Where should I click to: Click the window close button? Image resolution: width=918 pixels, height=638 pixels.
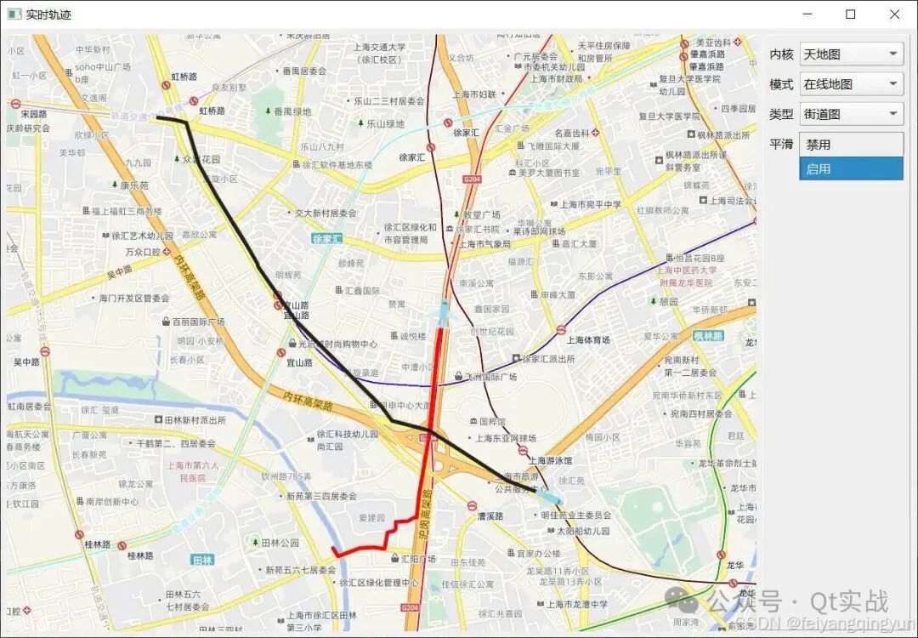[894, 14]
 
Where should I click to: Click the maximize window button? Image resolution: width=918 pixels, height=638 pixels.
[850, 14]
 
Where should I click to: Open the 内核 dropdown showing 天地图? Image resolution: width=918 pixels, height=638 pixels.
[851, 54]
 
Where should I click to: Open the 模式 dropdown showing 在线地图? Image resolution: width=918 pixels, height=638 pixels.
[851, 84]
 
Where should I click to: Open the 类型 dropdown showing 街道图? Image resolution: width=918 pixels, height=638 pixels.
[851, 114]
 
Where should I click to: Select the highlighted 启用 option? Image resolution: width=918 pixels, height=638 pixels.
[851, 168]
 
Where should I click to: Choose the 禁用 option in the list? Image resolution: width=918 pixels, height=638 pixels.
[851, 145]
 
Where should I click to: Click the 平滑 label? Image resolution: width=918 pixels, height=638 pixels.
[781, 144]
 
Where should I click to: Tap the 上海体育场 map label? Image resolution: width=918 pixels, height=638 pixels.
[588, 340]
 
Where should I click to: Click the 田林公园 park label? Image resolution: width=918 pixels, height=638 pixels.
[280, 543]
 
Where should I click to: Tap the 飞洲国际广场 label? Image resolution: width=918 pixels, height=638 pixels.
[491, 376]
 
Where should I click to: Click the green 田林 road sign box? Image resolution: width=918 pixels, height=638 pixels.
[202, 561]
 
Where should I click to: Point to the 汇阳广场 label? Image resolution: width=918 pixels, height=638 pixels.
[417, 559]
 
